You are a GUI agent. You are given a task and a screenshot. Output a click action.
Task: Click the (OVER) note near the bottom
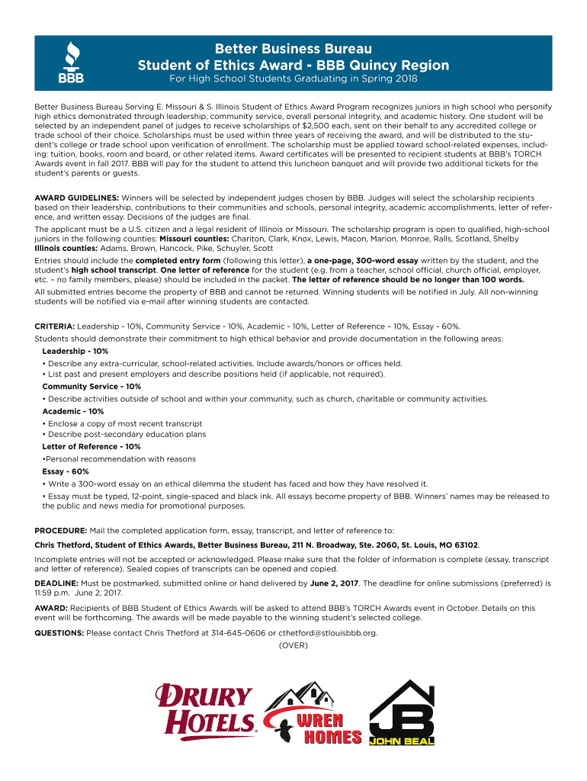click(293, 645)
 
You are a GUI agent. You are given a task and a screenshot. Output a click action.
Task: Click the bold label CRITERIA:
click(54, 326)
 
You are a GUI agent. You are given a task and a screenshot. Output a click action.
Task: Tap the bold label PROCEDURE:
click(61, 530)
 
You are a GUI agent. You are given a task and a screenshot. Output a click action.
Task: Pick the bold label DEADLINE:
click(59, 583)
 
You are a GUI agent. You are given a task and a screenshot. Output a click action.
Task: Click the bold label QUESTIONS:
click(59, 633)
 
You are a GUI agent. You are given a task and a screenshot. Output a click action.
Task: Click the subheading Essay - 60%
click(66, 471)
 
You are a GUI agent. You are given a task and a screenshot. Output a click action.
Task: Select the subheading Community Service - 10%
click(91, 387)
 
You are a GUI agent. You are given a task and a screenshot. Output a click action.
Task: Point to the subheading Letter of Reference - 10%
click(91, 447)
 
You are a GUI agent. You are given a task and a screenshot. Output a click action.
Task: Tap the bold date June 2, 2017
click(335, 583)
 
